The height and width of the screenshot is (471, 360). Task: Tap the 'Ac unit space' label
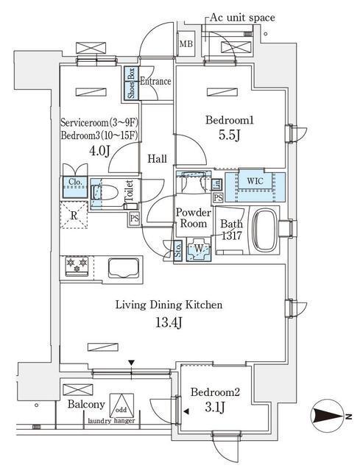coord(243,16)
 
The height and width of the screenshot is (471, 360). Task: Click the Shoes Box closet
coord(131,83)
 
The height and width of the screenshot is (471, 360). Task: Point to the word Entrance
coord(155,82)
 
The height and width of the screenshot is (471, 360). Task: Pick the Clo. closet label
coord(74,182)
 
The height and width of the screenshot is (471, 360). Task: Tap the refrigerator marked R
coord(74,216)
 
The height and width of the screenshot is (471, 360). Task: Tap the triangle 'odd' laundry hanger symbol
coord(121,406)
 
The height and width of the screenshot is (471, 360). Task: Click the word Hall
coord(157,158)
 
